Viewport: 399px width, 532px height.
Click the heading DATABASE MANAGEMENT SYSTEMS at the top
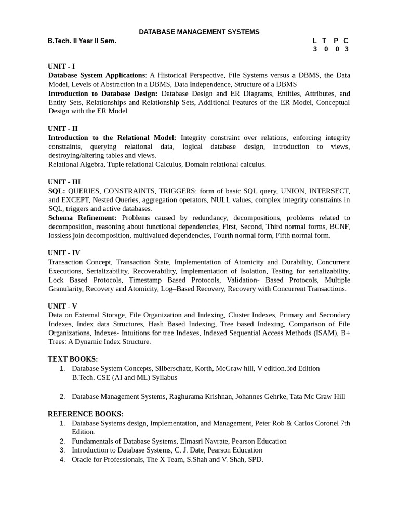click(199, 32)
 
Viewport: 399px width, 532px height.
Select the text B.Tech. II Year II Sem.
click(82, 41)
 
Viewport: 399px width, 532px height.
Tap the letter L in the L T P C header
click(315, 41)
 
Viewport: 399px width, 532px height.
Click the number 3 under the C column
click(346, 49)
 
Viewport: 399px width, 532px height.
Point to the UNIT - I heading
click(61, 66)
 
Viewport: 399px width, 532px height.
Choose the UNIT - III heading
click(64, 182)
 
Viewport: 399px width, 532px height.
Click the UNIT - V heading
click(62, 306)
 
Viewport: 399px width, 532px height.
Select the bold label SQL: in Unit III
click(57, 191)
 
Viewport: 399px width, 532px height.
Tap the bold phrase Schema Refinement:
click(83, 218)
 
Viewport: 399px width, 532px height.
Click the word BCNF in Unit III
click(340, 227)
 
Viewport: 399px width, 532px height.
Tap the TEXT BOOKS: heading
click(73, 359)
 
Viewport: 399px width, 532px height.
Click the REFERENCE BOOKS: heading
click(86, 414)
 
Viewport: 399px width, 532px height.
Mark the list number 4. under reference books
click(62, 459)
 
